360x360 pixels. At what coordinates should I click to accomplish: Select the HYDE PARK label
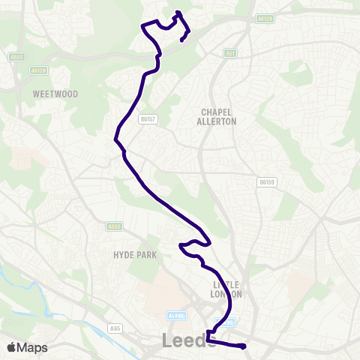pyautogui.click(x=135, y=255)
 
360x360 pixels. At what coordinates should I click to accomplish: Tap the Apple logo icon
pyautogui.click(x=11, y=347)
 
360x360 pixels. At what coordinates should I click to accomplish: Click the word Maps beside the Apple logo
pyautogui.click(x=32, y=347)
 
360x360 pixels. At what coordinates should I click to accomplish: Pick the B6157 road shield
pyautogui.click(x=147, y=118)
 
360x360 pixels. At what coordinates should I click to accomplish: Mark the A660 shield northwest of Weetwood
pyautogui.click(x=18, y=57)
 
